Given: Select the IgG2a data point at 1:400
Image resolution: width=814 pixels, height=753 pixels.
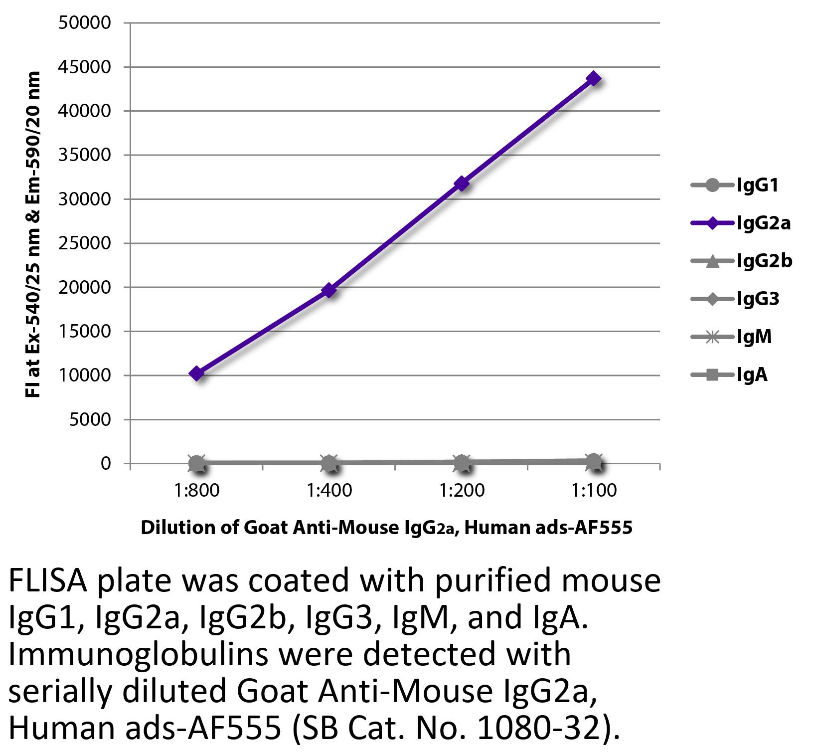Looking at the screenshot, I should coord(329,290).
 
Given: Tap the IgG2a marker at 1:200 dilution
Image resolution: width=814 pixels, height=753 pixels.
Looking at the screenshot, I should coord(462,184).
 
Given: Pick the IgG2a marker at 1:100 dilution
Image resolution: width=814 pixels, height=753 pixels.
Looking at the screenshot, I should coord(594,78).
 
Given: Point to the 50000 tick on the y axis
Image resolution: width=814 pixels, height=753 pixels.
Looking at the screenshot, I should coord(84,23).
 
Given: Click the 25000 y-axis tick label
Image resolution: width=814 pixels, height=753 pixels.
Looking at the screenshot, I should coord(84,243).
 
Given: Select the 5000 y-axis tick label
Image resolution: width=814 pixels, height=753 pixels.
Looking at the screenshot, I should coord(89,419).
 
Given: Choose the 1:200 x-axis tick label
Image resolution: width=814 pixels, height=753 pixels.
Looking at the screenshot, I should coord(462,491).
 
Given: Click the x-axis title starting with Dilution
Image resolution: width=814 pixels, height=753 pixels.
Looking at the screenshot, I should coord(386,527).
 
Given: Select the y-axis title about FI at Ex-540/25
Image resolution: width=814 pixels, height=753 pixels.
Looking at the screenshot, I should coord(33,234).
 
